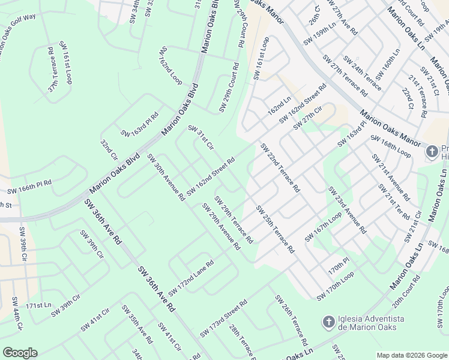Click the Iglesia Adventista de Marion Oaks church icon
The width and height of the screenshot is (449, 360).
(x=328, y=322)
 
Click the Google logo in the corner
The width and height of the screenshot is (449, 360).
(x=20, y=353)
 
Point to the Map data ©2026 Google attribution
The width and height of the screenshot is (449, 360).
(x=411, y=355)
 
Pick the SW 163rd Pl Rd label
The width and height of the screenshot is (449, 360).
(x=139, y=124)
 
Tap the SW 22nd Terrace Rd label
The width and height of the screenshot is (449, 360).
(x=280, y=167)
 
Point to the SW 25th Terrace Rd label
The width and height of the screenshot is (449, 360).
(x=275, y=229)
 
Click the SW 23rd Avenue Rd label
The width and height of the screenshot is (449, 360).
(x=347, y=210)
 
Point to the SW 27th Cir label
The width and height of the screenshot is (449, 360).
(x=308, y=118)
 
